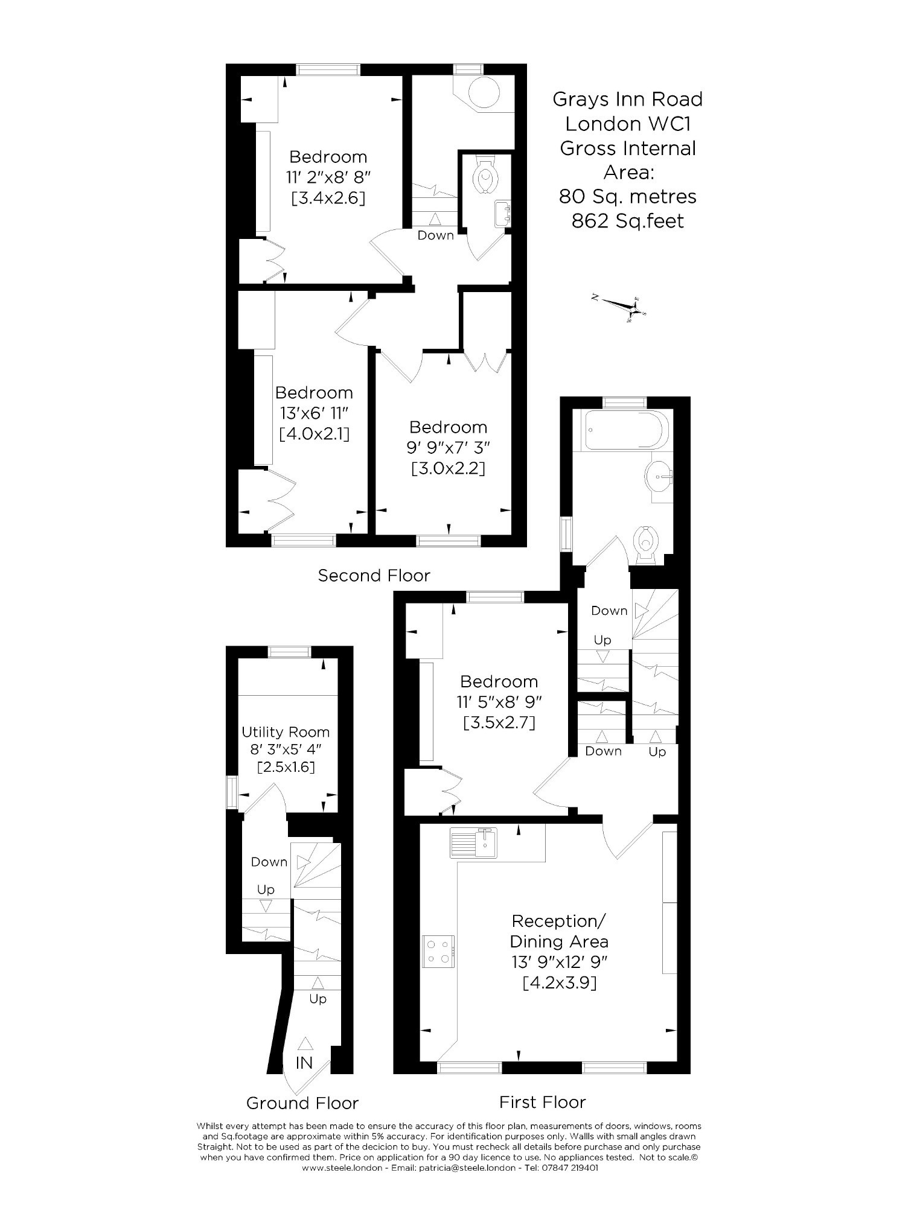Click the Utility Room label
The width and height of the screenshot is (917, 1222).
coord(286,732)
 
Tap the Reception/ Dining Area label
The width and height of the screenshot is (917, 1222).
coord(559,931)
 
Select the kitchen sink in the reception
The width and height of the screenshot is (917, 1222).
coord(474,842)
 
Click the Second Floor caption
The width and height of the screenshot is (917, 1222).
coord(374,576)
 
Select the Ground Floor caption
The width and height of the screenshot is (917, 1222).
coord(302,1104)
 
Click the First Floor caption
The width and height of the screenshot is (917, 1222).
coord(542,1103)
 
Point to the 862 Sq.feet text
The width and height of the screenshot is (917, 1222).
coord(628,221)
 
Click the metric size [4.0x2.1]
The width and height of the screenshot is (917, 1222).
coord(315,434)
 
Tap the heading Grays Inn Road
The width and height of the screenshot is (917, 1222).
coord(628,100)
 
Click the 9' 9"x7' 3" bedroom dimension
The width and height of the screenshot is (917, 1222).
coord(448,448)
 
